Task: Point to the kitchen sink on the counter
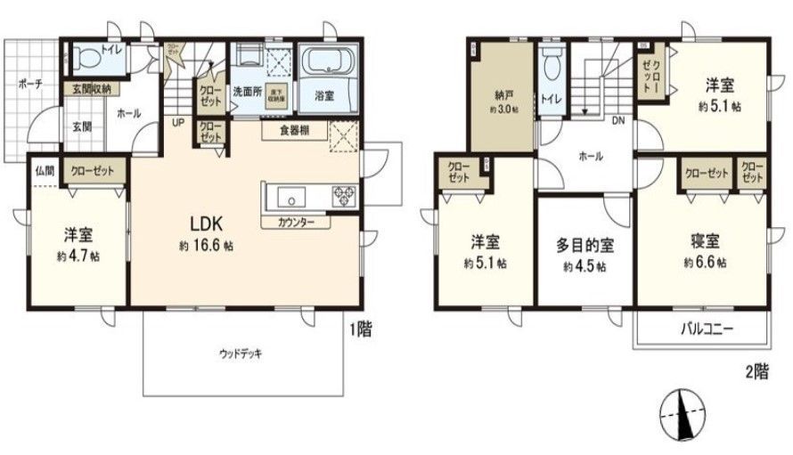tap(291, 196)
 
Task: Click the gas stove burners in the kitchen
tap(343, 196)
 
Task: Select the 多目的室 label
tap(585, 243)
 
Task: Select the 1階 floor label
tap(360, 329)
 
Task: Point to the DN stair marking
tap(617, 122)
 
